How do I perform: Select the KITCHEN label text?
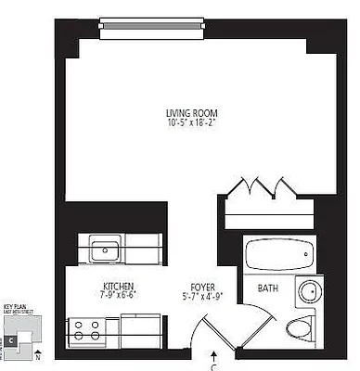119,286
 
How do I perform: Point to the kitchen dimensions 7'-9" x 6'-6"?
119,295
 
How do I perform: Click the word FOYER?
203,286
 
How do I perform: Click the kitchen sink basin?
102,250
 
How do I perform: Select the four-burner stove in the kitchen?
88,331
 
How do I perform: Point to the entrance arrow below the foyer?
215,354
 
